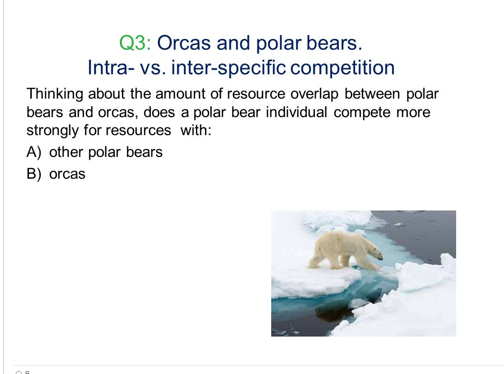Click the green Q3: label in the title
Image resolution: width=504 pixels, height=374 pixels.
tap(135, 43)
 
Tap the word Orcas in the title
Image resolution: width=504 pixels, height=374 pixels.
tap(184, 43)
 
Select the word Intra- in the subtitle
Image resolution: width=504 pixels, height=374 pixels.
tap(111, 67)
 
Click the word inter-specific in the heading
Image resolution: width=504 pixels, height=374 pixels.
tap(228, 68)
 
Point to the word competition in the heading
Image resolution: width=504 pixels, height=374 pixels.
tap(342, 68)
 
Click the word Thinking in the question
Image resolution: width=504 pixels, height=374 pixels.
tap(55, 94)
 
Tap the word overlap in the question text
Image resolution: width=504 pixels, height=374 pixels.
tap(314, 94)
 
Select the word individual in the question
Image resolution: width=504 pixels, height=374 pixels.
tap(296, 112)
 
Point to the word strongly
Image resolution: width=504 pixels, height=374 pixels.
tap(53, 131)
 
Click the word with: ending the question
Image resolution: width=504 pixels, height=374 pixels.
tap(196, 130)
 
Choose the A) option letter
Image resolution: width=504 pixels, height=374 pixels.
tap(34, 152)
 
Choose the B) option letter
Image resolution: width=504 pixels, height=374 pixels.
tap(34, 174)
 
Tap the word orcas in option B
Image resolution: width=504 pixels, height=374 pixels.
tap(67, 174)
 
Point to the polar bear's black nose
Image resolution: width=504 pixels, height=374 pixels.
tap(382, 258)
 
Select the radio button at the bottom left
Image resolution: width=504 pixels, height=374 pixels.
tap(18, 373)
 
